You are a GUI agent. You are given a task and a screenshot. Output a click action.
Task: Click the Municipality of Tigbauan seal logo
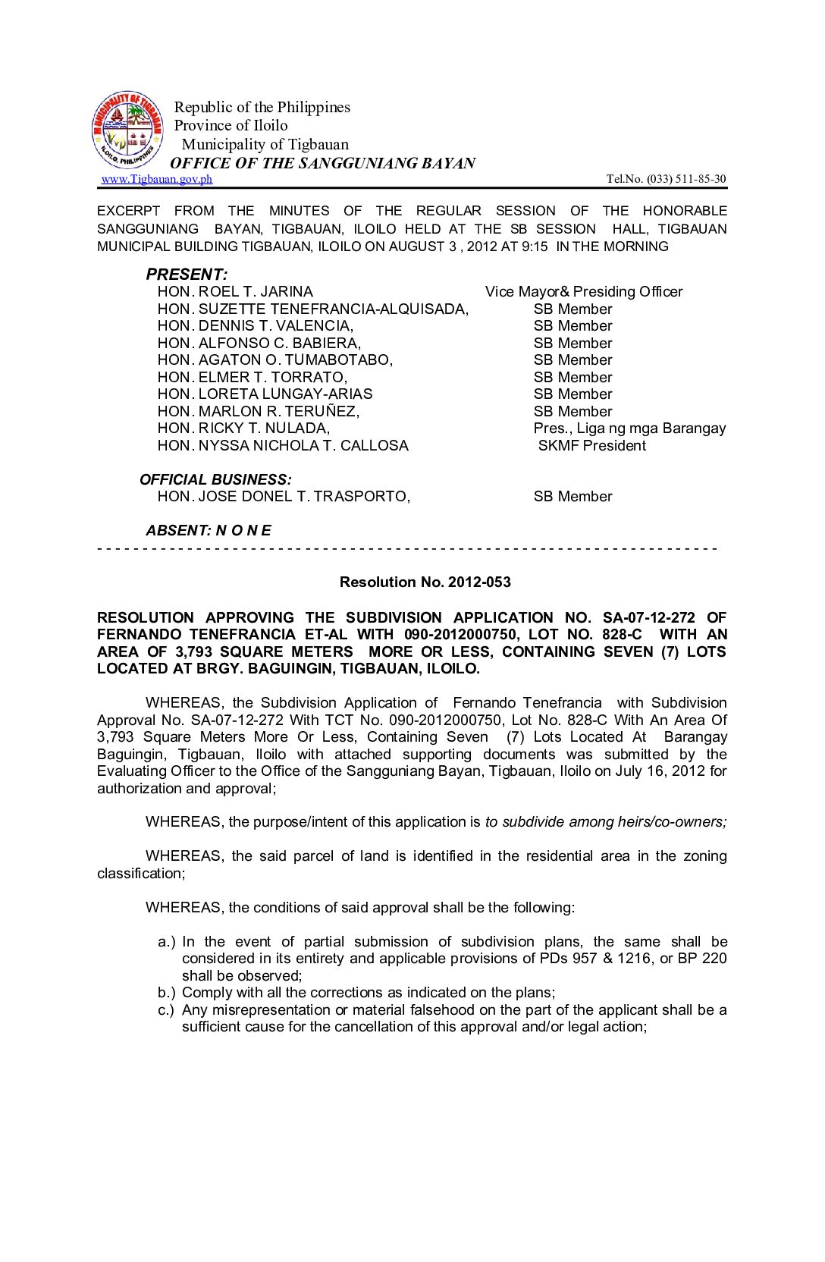pos(127,130)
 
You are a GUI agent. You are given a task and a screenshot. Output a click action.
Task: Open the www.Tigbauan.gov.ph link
pos(157,179)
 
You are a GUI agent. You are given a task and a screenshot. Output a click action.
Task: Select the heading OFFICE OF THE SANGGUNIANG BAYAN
pos(322,163)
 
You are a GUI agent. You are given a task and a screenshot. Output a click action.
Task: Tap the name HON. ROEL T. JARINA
pos(235,292)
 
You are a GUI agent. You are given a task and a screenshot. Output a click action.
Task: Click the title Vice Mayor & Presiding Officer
pos(583,292)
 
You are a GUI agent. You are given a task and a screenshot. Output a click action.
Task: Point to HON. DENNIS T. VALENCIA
pos(255,326)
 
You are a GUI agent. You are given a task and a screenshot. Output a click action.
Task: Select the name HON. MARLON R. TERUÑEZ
pos(258,412)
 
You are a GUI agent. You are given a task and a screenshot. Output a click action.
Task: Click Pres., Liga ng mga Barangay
pos(629,429)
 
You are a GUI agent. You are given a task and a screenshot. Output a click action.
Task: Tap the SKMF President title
pos(591,446)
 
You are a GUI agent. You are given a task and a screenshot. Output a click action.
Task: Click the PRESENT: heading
pos(187,275)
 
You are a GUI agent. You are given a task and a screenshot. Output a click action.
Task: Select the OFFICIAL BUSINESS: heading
pos(215,480)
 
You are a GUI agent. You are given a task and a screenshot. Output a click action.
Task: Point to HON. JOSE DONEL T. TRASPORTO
pos(284,497)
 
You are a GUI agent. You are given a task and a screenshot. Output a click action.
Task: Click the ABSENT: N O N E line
pos(208,531)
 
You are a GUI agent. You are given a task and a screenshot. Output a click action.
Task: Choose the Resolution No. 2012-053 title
pos(425,582)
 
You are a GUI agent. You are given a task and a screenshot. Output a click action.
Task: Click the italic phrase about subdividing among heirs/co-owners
pos(605,822)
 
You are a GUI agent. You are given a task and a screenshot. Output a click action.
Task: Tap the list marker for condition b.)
pos(166,993)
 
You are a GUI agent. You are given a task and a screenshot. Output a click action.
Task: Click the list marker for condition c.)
pos(166,1010)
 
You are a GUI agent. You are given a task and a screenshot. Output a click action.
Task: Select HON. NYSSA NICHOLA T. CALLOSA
pos(283,446)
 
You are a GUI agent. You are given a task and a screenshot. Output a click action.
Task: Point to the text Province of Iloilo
pos(231,125)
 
